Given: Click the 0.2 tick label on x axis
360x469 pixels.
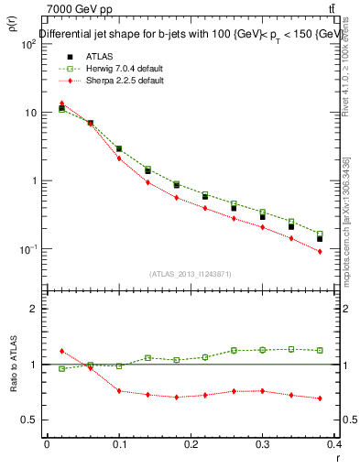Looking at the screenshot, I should [x=191, y=444].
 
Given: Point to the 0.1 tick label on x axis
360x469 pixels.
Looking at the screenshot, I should [x=118, y=444].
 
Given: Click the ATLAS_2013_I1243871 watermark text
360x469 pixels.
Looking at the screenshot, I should [x=191, y=274].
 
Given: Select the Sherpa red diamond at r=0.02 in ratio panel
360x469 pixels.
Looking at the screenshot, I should [x=61, y=351].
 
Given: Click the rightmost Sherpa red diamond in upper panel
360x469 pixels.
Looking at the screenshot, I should [x=320, y=251].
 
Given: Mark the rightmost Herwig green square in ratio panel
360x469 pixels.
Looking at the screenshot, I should [x=320, y=350].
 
